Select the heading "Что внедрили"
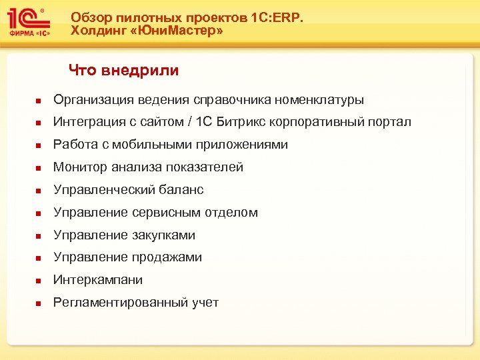point(123,70)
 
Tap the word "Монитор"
point(78,167)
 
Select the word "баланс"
point(181,190)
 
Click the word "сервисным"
point(175,213)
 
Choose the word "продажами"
point(171,257)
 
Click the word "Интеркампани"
point(97,280)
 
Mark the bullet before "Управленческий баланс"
point(39,191)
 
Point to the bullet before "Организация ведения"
point(39,101)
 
